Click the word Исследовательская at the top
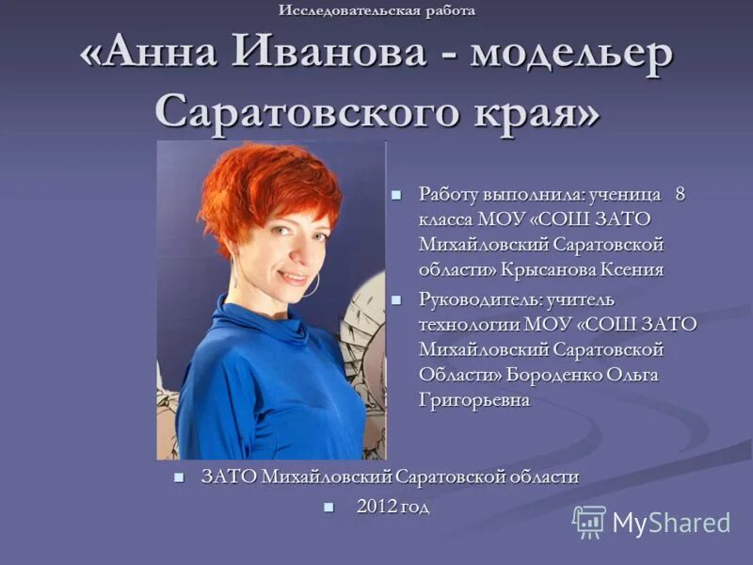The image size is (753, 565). (335, 10)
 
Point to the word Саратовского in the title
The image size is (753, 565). (306, 111)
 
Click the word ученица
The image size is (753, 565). (629, 195)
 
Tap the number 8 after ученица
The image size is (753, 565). (680, 195)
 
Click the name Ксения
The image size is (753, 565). (633, 270)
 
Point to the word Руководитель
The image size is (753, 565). (479, 299)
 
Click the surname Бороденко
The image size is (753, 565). (553, 375)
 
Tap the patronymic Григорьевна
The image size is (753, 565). (474, 400)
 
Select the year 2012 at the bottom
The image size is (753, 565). (375, 507)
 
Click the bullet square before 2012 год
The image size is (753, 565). (328, 507)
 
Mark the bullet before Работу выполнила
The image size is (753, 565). (396, 195)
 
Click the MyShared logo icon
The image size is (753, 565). (589, 522)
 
